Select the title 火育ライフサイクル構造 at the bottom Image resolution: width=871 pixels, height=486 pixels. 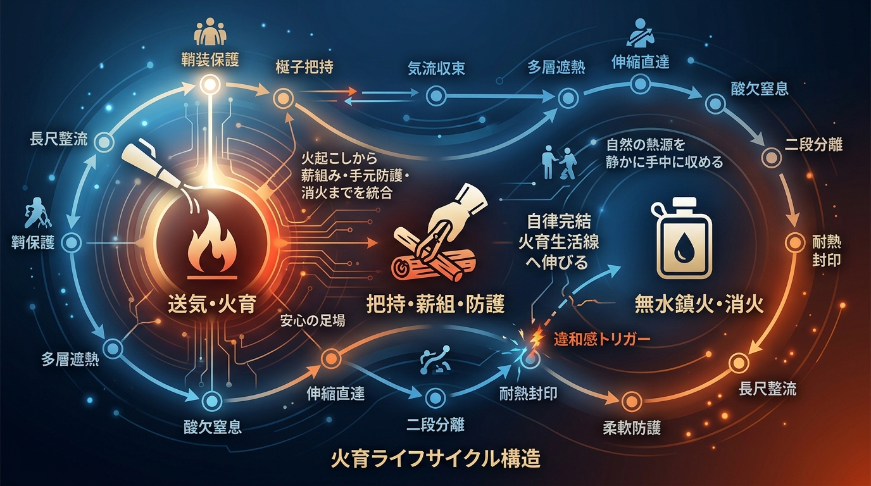click(x=435, y=459)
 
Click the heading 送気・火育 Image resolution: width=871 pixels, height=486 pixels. click(x=212, y=304)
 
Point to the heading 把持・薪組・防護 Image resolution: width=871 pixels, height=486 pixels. click(x=435, y=304)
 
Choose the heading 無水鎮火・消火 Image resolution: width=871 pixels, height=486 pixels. click(x=699, y=304)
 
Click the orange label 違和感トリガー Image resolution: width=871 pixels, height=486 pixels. click(x=602, y=340)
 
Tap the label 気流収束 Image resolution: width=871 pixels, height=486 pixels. click(x=436, y=69)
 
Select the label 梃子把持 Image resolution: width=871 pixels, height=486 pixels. click(x=304, y=67)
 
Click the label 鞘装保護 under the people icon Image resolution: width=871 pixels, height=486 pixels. click(x=210, y=60)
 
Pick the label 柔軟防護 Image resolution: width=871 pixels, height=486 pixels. click(x=632, y=428)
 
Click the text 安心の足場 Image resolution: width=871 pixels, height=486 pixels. click(x=313, y=321)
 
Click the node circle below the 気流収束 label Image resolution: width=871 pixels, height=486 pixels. click(x=436, y=96)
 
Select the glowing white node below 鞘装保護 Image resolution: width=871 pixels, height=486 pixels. click(x=210, y=85)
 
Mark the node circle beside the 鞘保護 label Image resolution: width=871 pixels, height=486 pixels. click(x=72, y=243)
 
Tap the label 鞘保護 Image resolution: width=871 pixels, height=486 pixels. click(x=34, y=243)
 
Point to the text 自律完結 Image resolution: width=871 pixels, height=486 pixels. click(x=559, y=221)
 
